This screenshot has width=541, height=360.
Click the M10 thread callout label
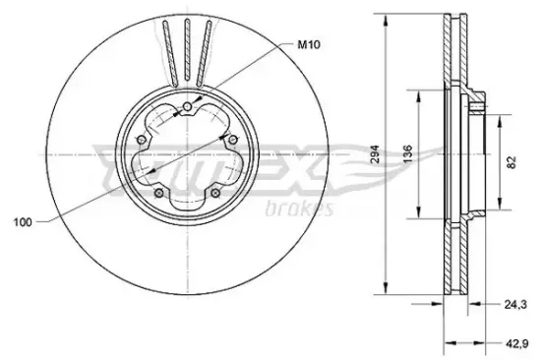point(309,44)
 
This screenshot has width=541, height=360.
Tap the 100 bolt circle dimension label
point(23,222)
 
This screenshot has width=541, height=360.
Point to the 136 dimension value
point(408,154)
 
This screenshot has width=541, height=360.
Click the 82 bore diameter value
point(511,162)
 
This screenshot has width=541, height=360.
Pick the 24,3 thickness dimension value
point(515,305)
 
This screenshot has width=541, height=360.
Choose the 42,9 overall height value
point(516,343)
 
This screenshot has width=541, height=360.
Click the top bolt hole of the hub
point(187,106)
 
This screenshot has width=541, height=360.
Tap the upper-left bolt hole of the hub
point(141,140)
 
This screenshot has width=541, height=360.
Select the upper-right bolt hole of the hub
point(233,140)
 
